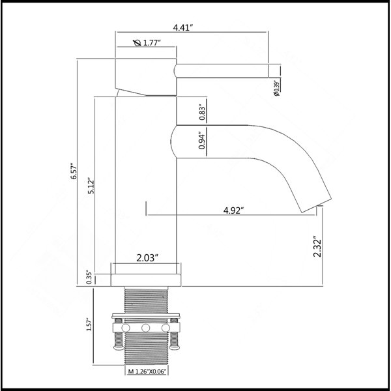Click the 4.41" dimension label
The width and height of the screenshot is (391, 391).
tap(183, 27)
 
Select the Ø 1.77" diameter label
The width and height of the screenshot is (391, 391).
tap(147, 43)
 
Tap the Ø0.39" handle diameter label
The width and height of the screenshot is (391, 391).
tap(276, 88)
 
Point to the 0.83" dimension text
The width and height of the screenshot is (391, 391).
tap(202, 113)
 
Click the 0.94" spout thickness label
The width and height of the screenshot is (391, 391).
tap(202, 141)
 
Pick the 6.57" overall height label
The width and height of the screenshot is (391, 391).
tap(74, 171)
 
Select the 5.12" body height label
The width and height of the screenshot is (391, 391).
tap(91, 186)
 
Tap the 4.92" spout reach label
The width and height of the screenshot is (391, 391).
tap(233, 210)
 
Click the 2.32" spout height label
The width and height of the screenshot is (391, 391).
tap(318, 246)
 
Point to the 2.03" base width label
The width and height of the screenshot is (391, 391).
tap(147, 258)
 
